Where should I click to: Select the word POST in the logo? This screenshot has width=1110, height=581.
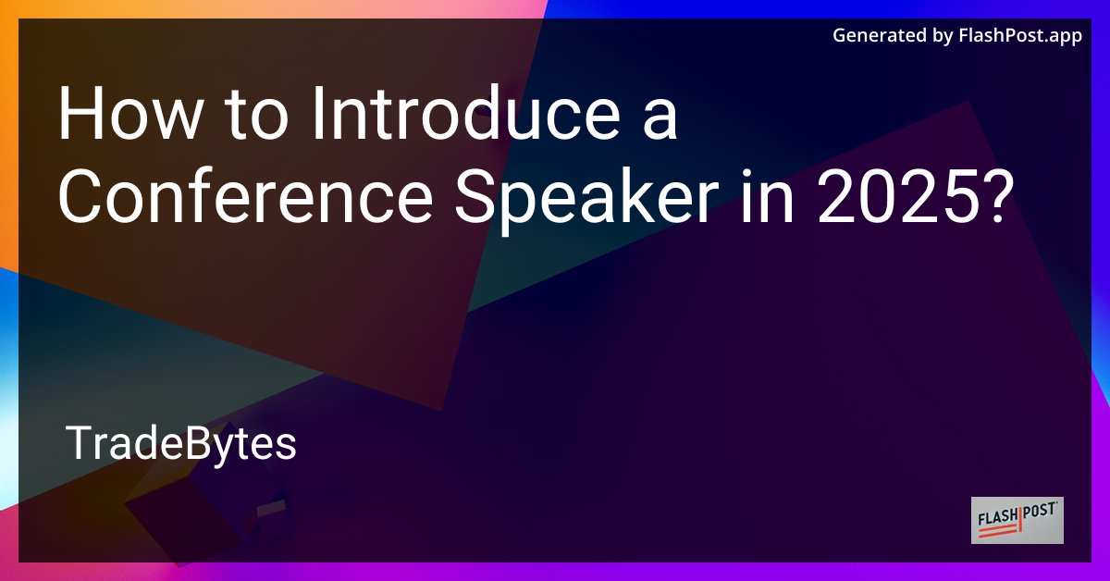click(1041, 514)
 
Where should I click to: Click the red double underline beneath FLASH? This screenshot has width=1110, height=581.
click(999, 530)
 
